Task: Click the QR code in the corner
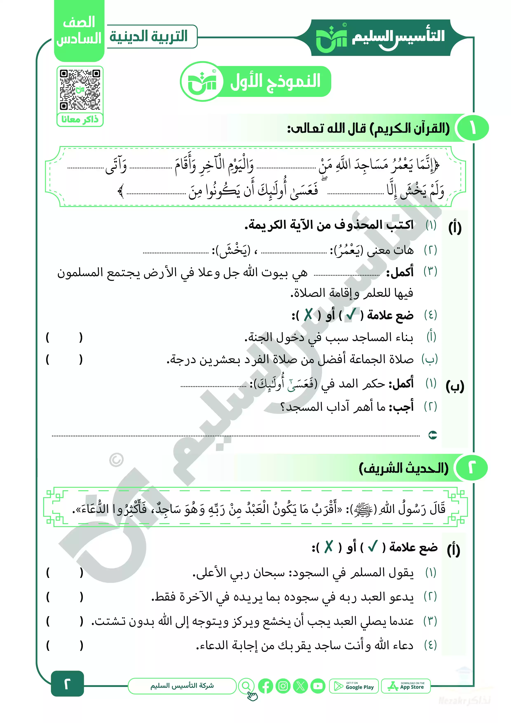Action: [x=80, y=90]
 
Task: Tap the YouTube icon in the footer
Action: [x=318, y=686]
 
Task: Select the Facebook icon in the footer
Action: [x=265, y=686]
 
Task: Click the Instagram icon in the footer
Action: [x=283, y=686]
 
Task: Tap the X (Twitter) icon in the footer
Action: [x=300, y=686]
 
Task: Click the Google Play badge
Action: [x=354, y=686]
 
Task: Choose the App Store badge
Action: [x=406, y=686]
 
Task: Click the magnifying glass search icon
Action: [x=246, y=685]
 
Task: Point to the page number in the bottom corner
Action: [x=67, y=683]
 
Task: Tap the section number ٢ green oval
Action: [x=471, y=468]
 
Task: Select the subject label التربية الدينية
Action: [x=149, y=36]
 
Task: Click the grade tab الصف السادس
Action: [x=79, y=31]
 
